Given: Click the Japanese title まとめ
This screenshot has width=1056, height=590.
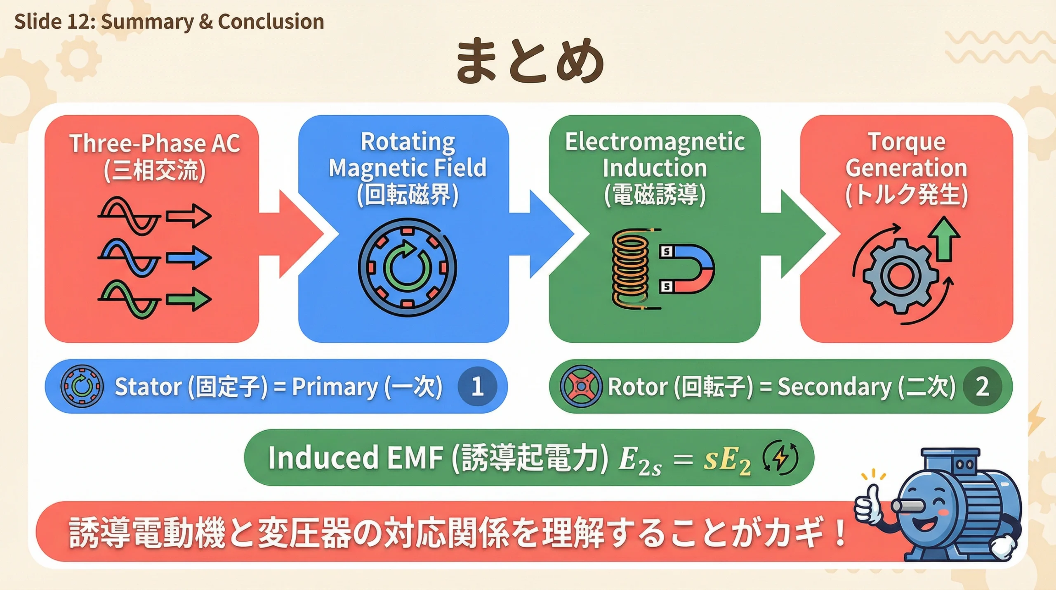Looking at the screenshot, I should coord(530,61).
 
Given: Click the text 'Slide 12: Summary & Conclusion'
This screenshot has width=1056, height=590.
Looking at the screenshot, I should coord(169,21).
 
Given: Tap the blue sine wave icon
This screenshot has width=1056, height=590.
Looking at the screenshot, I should coord(129,258).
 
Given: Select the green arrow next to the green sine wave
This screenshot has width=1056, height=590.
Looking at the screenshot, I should coord(189,299).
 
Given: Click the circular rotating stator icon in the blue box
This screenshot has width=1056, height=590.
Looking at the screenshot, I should coord(407,268).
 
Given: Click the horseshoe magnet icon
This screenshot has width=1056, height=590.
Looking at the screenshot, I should coord(689,269).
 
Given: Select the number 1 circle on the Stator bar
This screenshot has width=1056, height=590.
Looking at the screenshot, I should coord(477,386).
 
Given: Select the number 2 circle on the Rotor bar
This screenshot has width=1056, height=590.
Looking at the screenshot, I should coord(982,386).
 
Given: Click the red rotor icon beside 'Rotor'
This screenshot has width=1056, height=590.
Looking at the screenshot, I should coord(580,386).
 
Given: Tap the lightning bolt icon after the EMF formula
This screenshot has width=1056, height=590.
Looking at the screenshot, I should coord(780,457).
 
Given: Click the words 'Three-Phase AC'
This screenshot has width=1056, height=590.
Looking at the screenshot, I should coord(155,144).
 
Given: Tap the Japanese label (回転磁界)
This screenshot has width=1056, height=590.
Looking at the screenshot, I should coord(408,194).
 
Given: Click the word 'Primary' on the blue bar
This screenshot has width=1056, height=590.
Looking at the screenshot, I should coord(335,387).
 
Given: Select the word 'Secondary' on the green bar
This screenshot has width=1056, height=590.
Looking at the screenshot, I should coord(834,387).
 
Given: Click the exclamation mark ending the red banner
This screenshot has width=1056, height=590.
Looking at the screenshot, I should coord(839,533).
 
